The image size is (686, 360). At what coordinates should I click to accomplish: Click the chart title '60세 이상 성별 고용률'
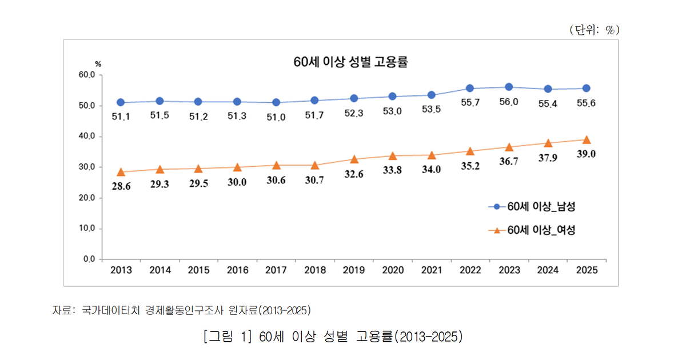(x=350, y=62)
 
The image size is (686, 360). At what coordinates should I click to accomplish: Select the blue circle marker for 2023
(x=509, y=87)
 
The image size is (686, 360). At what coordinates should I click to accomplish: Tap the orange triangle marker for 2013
(x=121, y=172)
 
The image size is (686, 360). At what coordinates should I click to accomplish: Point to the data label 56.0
(x=509, y=102)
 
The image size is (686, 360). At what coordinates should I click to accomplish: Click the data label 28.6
(x=121, y=186)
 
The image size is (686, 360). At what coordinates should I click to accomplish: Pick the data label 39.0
(x=586, y=154)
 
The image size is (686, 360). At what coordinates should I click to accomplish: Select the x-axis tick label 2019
(x=354, y=270)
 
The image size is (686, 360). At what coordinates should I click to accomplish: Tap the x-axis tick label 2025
(x=587, y=270)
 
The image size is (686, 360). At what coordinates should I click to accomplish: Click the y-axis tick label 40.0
(x=87, y=136)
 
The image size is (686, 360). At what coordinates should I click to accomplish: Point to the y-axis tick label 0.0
(x=89, y=259)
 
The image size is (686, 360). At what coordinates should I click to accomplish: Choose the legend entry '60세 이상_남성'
(x=532, y=207)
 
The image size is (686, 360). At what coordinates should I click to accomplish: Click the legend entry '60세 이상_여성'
(x=532, y=230)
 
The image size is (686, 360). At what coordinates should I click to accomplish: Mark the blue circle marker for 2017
(x=276, y=102)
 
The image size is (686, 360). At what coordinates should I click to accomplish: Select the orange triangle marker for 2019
(x=354, y=159)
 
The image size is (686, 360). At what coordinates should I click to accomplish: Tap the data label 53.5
(x=431, y=109)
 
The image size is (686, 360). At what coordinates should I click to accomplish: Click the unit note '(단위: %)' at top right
(x=595, y=30)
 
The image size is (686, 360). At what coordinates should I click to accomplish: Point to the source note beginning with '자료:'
(x=182, y=310)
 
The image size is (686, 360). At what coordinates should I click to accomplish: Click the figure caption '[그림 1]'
(x=228, y=337)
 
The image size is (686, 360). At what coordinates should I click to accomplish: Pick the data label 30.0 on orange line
(x=237, y=182)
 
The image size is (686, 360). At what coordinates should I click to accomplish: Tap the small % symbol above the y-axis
(x=98, y=64)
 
